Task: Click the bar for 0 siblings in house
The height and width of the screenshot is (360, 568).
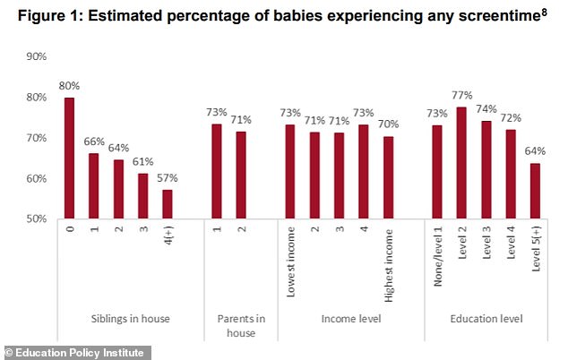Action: [69, 158]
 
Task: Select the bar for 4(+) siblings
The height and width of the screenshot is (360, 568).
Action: [168, 204]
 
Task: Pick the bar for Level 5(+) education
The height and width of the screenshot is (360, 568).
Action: [534, 191]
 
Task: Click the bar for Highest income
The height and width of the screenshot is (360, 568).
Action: [388, 177]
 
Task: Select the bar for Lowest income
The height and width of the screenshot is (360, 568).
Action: [290, 171]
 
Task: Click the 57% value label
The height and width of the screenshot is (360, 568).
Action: [168, 177]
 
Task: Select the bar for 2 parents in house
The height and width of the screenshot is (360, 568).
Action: [241, 176]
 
